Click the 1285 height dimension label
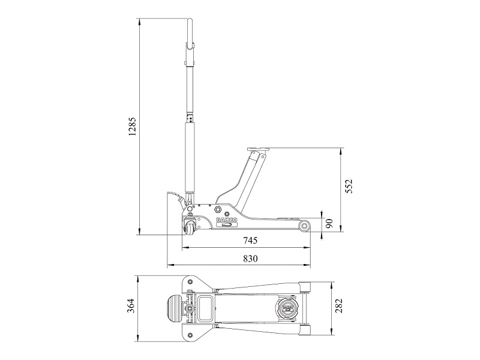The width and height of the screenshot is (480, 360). pos(131,126)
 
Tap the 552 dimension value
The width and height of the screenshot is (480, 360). pos(349,186)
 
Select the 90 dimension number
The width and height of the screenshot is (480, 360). pos(329,223)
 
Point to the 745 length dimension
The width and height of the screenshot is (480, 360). pos(250,241)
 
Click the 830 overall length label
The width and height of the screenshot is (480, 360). pos(250,259)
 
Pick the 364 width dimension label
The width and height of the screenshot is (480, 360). pos(131,305)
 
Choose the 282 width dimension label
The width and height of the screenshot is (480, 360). pos(339,305)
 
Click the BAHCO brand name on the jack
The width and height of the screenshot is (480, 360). pos(227,220)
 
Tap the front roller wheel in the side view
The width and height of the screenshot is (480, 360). pos(305,226)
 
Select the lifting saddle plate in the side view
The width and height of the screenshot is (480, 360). pos(257,149)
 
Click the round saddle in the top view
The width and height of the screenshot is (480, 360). pos(287,308)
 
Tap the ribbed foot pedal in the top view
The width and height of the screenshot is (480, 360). pos(173,308)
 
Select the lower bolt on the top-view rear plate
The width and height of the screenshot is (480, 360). pos(191,334)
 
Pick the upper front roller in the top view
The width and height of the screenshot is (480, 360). pos(305,287)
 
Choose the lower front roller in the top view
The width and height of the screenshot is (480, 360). pos(305,331)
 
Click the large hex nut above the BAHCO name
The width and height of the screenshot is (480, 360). pos(218,209)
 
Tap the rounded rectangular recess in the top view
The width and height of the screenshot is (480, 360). pos(205,308)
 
